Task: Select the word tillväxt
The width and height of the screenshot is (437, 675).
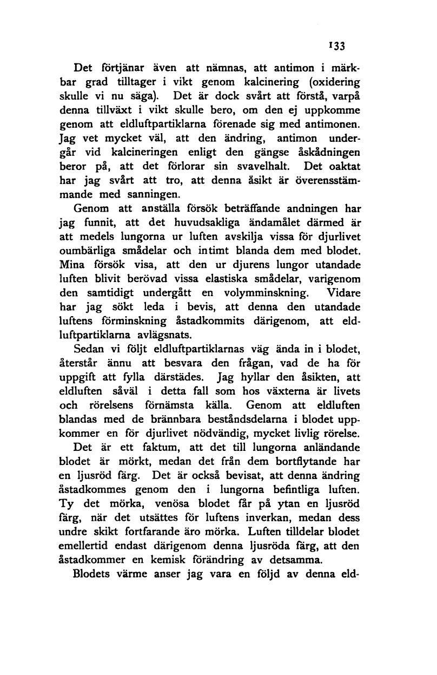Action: [x=116, y=110]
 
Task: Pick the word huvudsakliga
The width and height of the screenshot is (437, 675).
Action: [x=218, y=222]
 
